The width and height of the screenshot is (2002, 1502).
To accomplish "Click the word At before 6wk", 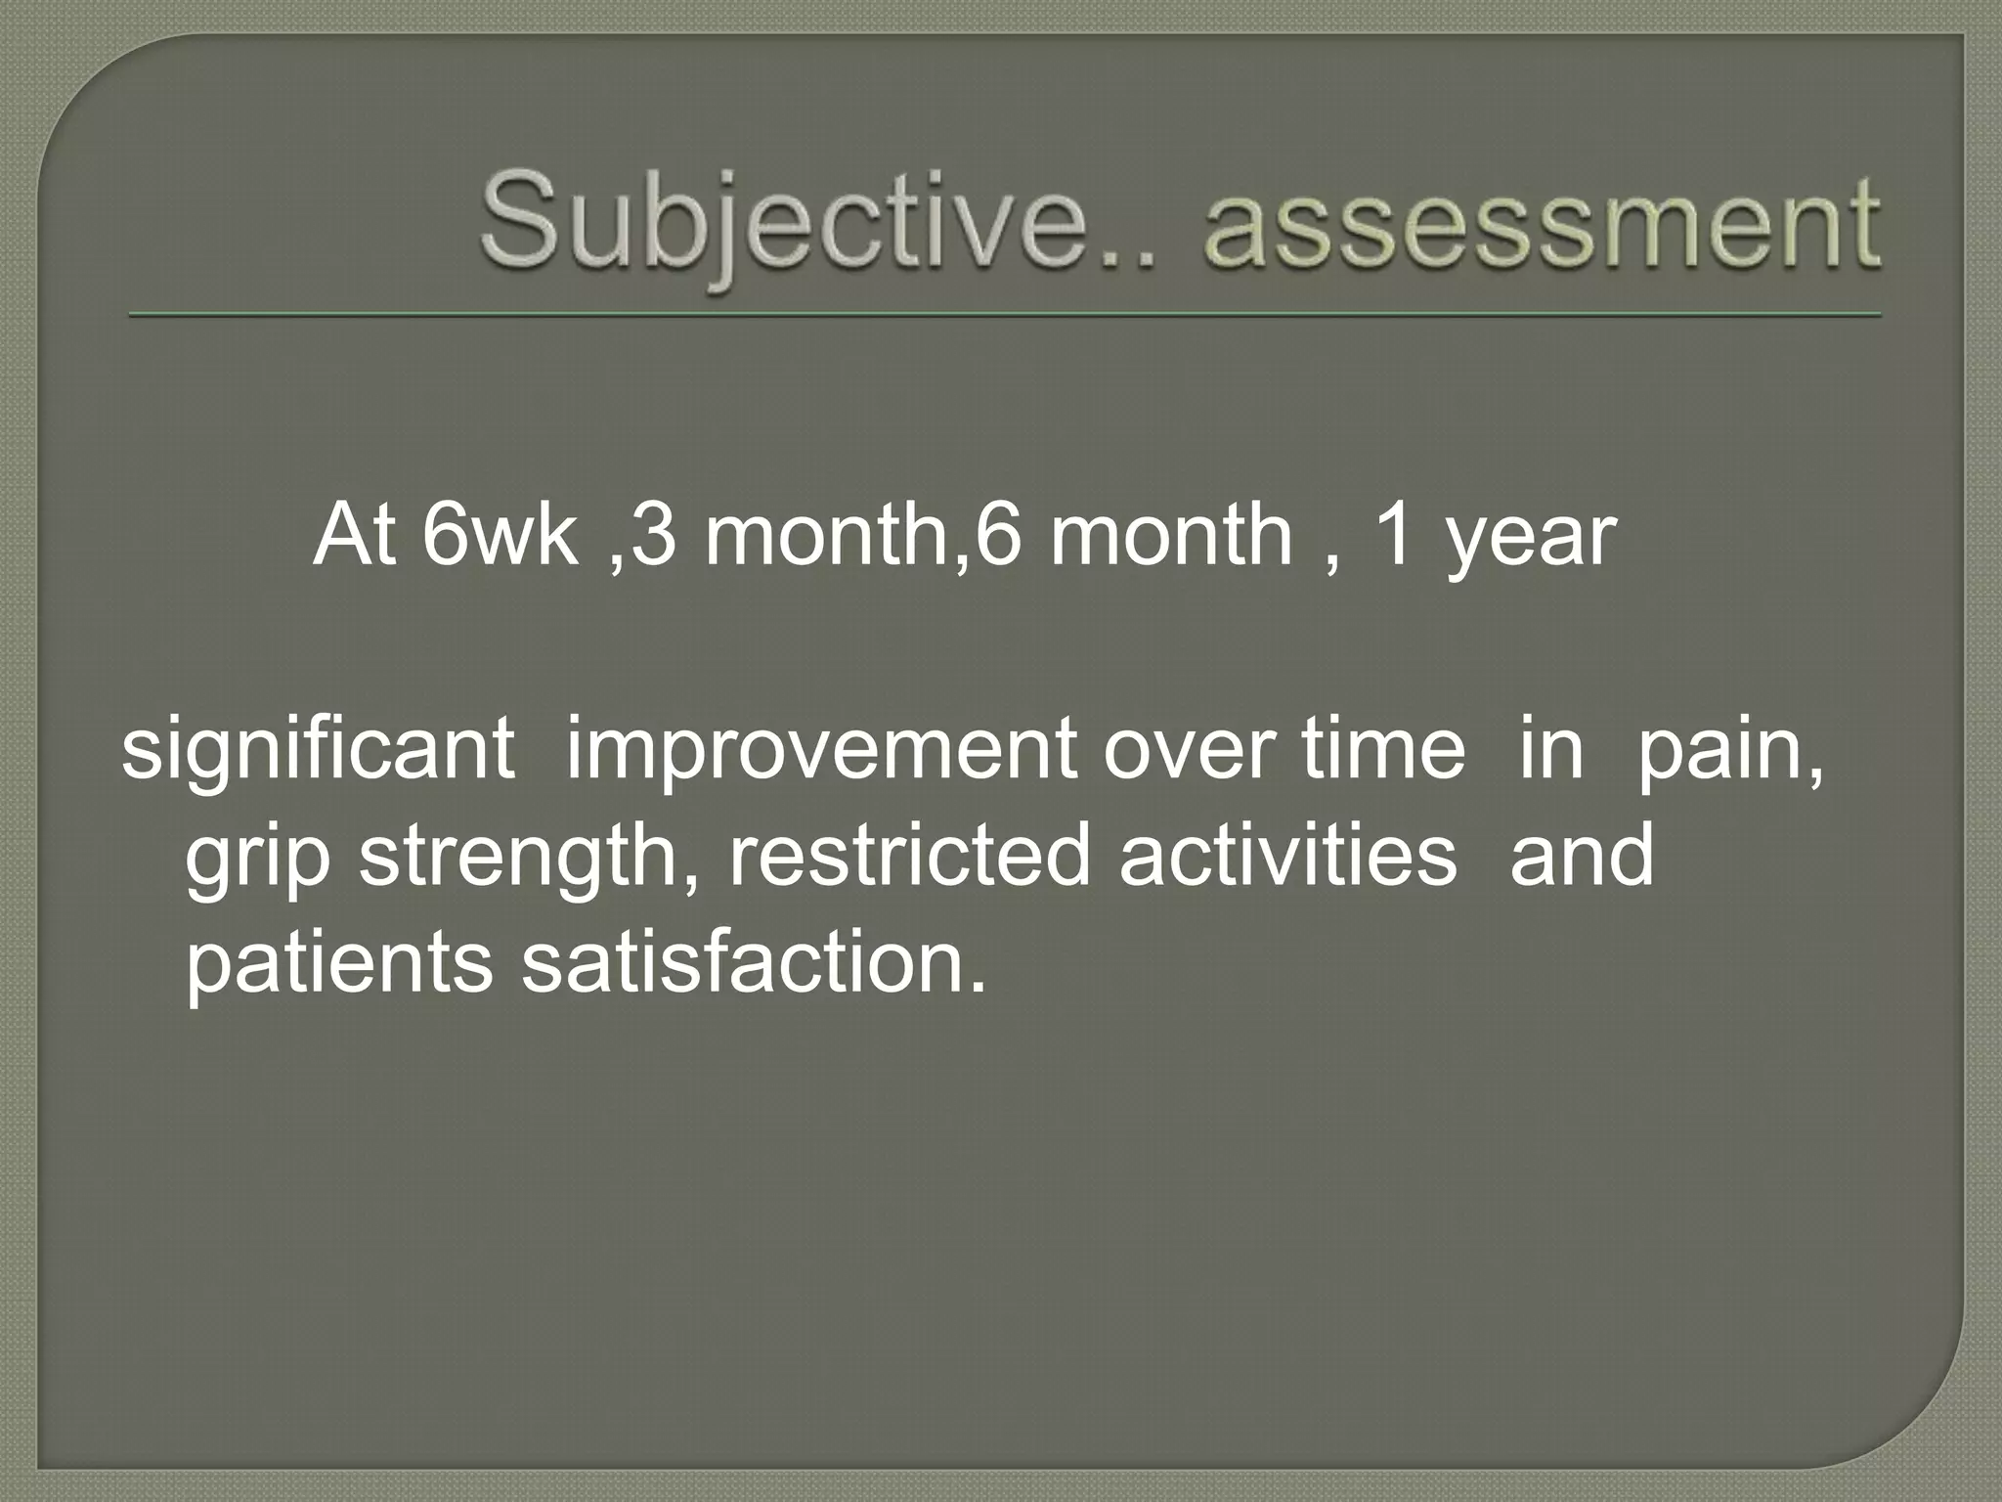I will [x=355, y=535].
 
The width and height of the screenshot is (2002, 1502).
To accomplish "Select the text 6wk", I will [x=500, y=535].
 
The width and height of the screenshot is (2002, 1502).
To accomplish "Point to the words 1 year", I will [x=1495, y=535].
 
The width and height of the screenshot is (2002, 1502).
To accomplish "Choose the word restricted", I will [x=908, y=856].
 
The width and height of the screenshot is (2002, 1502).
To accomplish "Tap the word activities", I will [x=1287, y=856].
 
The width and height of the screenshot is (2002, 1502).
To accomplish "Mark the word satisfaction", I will [x=753, y=963].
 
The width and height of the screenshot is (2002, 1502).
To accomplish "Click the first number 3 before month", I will [x=654, y=535].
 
